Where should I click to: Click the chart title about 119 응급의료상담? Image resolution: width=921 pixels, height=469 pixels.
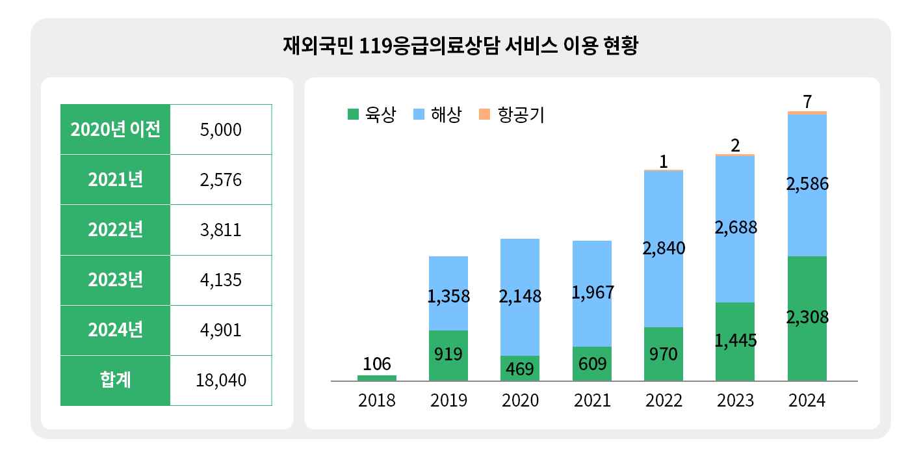click(461, 46)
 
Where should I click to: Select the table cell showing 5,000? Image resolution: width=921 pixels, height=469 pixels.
click(221, 130)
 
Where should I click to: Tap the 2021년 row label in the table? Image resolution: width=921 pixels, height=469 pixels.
click(115, 180)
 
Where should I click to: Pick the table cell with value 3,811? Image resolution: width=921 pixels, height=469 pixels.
click(221, 230)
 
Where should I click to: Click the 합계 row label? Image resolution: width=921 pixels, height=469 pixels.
click(115, 381)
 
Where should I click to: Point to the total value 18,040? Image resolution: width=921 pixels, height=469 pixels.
click(221, 381)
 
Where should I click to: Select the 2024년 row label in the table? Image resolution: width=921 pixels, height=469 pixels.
click(115, 330)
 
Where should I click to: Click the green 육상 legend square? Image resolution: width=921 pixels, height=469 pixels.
click(354, 114)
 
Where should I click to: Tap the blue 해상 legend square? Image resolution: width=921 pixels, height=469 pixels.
click(419, 114)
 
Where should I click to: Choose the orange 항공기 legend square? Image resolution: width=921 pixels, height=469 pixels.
click(484, 114)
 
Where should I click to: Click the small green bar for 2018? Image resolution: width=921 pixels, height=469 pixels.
click(377, 378)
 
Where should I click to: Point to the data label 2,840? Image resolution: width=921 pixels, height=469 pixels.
click(664, 248)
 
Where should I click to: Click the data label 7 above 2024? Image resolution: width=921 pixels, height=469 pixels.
click(807, 101)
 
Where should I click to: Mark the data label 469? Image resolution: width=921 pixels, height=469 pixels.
click(520, 369)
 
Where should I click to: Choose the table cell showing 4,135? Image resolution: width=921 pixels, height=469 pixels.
click(221, 280)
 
